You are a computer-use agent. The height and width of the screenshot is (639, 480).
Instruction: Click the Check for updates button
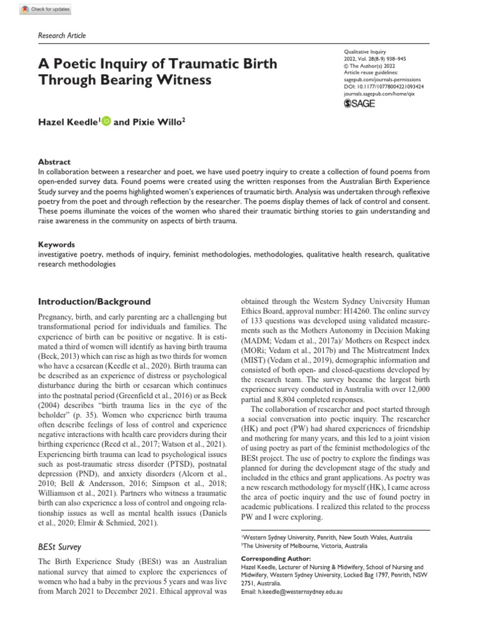tap(46, 9)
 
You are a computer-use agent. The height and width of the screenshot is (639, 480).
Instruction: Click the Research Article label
tap(62, 36)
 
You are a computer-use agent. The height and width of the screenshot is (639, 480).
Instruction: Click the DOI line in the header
tap(384, 87)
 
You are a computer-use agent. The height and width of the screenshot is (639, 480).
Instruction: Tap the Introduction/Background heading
tap(95, 301)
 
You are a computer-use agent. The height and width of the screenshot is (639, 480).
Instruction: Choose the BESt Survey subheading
tap(60, 547)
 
